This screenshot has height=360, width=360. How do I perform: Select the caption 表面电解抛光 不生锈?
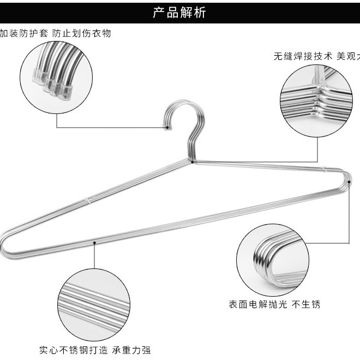coord(274,304)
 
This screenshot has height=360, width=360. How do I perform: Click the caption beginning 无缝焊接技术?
coord(316,56)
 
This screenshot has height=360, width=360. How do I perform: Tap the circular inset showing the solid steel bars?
coord(94,304)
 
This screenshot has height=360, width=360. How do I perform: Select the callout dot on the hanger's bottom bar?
coord(94,242)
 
